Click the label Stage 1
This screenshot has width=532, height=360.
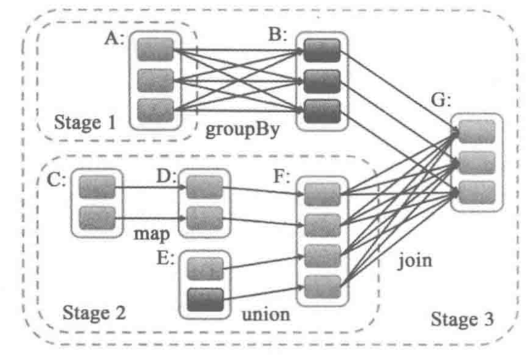[85, 123]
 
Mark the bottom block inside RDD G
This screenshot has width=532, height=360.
[475, 191]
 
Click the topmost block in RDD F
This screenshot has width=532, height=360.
[323, 195]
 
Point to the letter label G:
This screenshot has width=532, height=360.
[441, 101]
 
